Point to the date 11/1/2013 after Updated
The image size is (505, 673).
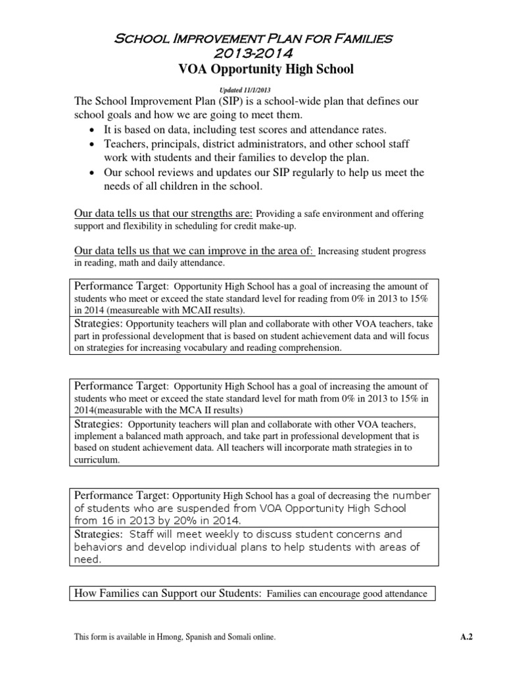(258, 89)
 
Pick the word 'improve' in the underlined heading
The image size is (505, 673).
(211, 251)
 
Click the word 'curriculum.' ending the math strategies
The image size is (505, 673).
(97, 461)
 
